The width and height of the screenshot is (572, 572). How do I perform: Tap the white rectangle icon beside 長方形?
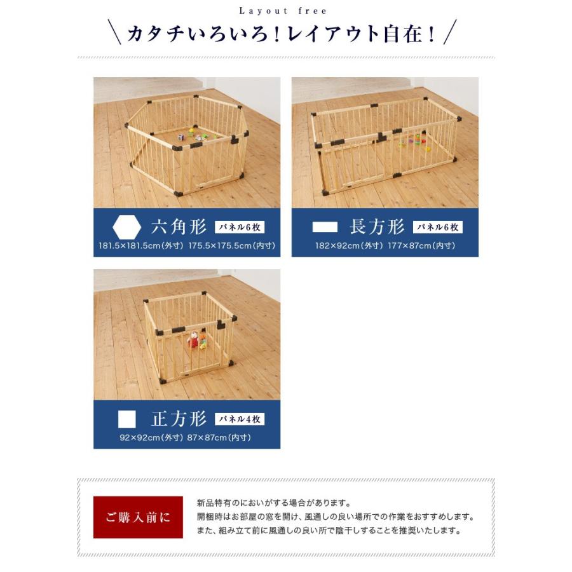pyautogui.click(x=325, y=227)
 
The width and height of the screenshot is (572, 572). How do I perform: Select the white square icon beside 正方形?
pyautogui.click(x=127, y=419)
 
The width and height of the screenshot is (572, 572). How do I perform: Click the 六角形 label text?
pyautogui.click(x=179, y=227)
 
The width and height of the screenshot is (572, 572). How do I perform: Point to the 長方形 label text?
pyautogui.click(x=377, y=227)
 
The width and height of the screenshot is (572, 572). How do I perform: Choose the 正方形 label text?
pyautogui.click(x=179, y=419)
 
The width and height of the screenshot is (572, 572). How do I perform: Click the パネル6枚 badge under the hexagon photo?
pyautogui.click(x=240, y=227)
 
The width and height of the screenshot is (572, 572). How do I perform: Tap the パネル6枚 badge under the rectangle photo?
pyautogui.click(x=438, y=227)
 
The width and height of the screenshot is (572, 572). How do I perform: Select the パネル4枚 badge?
pyautogui.click(x=240, y=419)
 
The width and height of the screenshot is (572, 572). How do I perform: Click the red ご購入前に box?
pyautogui.click(x=138, y=517)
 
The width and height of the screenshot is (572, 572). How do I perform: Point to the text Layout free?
pyautogui.click(x=283, y=11)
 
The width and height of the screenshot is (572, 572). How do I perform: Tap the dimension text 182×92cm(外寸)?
pyautogui.click(x=349, y=245)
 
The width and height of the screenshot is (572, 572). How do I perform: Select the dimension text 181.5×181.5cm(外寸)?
pyautogui.click(x=140, y=245)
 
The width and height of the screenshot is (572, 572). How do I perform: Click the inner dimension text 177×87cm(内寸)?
pyautogui.click(x=422, y=245)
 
